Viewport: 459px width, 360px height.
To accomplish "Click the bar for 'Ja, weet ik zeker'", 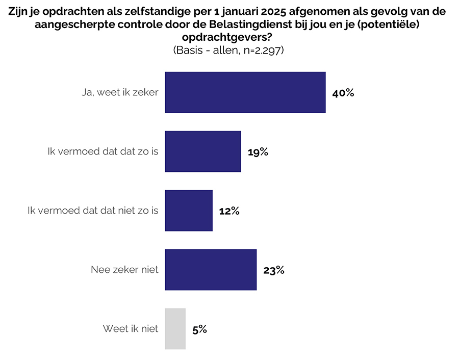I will pyautogui.click(x=245, y=92).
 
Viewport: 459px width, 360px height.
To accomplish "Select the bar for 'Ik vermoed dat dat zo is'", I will pyautogui.click(x=203, y=151).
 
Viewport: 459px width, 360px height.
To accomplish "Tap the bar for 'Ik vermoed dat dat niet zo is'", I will pyautogui.click(x=189, y=211).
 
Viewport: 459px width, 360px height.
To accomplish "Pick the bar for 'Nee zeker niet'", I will pyautogui.click(x=211, y=270).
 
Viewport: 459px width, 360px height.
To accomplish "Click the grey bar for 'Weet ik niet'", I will pyautogui.click(x=175, y=329).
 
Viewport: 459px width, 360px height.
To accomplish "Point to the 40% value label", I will pyautogui.click(x=343, y=93).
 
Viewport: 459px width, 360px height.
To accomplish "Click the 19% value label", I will pyautogui.click(x=258, y=152).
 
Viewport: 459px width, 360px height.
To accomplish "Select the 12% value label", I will pyautogui.click(x=229, y=211).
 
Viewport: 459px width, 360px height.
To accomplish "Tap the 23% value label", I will pyautogui.click(x=273, y=270).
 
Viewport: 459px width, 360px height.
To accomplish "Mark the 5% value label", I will pyautogui.click(x=199, y=329).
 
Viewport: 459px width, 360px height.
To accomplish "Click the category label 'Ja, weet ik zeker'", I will pyautogui.click(x=120, y=93).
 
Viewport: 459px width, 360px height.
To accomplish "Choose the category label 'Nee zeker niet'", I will pyautogui.click(x=124, y=270).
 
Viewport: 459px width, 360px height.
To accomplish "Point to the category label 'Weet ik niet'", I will pyautogui.click(x=131, y=329).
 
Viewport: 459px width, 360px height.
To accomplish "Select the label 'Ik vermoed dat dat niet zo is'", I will pyautogui.click(x=93, y=211).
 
